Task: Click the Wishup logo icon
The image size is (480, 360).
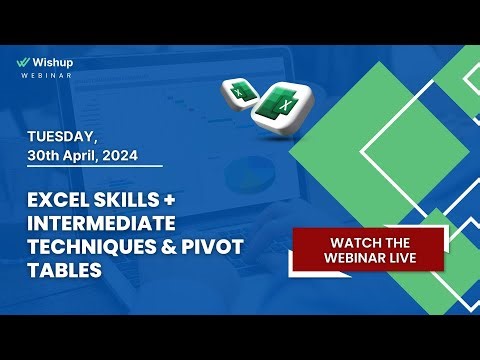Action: (24, 60)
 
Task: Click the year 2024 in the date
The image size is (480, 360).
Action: (142, 155)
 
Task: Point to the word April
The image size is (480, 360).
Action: (99, 155)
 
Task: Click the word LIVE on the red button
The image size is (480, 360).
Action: (424, 258)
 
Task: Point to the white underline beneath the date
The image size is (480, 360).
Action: (94, 167)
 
